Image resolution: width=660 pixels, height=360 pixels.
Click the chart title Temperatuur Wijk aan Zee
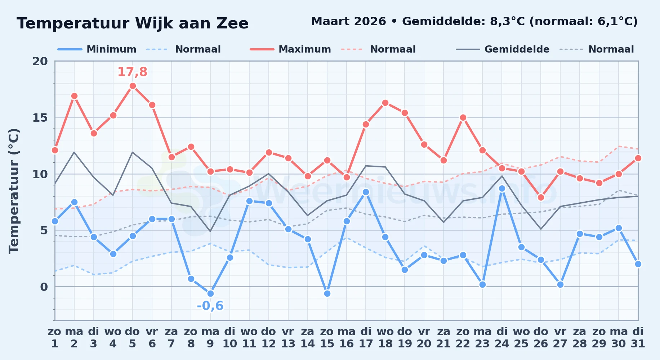(x=133, y=23)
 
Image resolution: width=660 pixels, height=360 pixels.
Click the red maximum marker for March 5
(x=133, y=86)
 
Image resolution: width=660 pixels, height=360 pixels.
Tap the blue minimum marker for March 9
(x=210, y=293)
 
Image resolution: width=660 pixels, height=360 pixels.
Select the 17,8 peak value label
(x=133, y=72)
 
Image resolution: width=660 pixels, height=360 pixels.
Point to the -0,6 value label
(x=210, y=306)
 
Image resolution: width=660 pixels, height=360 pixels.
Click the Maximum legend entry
(x=290, y=49)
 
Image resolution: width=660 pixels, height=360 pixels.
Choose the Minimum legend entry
(x=97, y=49)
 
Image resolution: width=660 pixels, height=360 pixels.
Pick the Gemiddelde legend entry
(x=503, y=49)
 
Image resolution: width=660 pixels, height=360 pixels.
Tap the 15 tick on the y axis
(x=40, y=118)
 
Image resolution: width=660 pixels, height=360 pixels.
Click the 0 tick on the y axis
(x=44, y=287)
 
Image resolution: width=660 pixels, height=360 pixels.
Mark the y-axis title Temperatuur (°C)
(x=14, y=191)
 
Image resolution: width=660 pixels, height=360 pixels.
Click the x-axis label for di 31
(x=638, y=338)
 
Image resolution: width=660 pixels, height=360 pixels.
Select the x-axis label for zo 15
(x=327, y=338)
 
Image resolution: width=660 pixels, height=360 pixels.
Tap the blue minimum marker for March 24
(x=502, y=188)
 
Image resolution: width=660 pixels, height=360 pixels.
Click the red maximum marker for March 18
(x=385, y=103)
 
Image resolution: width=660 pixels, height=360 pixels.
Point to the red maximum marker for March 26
(x=541, y=197)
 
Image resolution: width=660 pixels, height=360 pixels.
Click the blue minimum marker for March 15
(x=327, y=293)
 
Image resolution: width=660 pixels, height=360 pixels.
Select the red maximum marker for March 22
(x=463, y=117)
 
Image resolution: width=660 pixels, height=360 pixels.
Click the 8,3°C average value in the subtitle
(x=508, y=22)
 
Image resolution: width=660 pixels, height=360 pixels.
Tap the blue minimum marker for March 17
(x=366, y=192)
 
